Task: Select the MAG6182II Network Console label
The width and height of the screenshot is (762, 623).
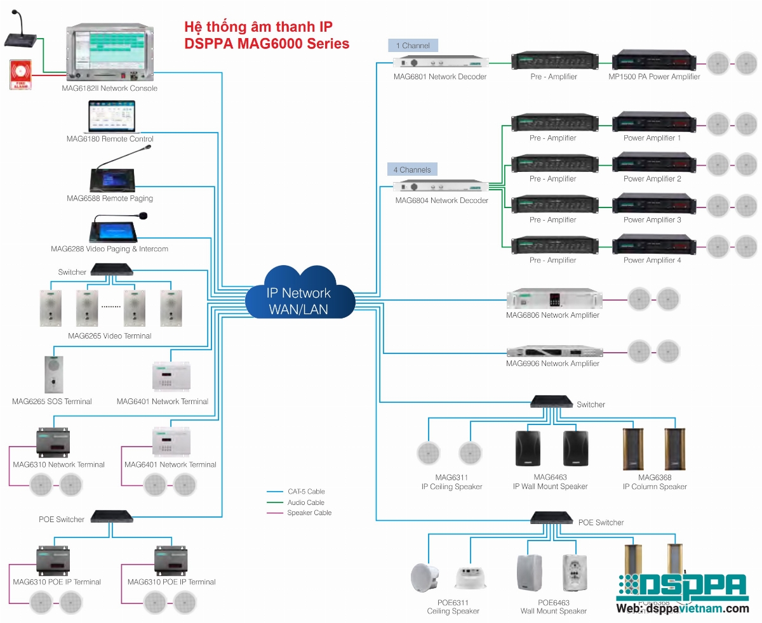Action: pyautogui.click(x=110, y=88)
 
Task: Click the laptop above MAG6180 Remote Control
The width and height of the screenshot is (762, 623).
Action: pyautogui.click(x=110, y=118)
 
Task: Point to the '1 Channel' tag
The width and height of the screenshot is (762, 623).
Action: pyautogui.click(x=413, y=46)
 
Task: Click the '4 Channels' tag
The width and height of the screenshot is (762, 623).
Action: pyautogui.click(x=412, y=170)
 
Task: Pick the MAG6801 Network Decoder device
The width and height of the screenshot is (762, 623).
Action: pyautogui.click(x=441, y=63)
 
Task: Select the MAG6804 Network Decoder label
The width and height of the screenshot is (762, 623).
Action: pyautogui.click(x=441, y=200)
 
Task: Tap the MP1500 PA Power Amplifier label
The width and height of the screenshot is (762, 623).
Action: pyautogui.click(x=654, y=77)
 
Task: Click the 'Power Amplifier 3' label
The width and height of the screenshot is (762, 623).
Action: pyautogui.click(x=652, y=220)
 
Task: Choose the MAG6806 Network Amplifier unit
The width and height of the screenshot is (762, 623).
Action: pyautogui.click(x=553, y=299)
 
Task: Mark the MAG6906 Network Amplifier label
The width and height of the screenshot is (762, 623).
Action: pyautogui.click(x=552, y=364)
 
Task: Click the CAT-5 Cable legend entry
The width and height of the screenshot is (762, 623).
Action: pyautogui.click(x=305, y=492)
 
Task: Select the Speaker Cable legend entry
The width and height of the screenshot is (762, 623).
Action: pyautogui.click(x=309, y=513)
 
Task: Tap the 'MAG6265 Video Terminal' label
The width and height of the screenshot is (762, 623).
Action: pyautogui.click(x=110, y=336)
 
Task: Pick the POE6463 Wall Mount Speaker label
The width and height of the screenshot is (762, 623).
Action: pyautogui.click(x=553, y=607)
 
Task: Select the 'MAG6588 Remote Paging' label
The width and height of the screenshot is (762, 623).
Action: pyautogui.click(x=110, y=199)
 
